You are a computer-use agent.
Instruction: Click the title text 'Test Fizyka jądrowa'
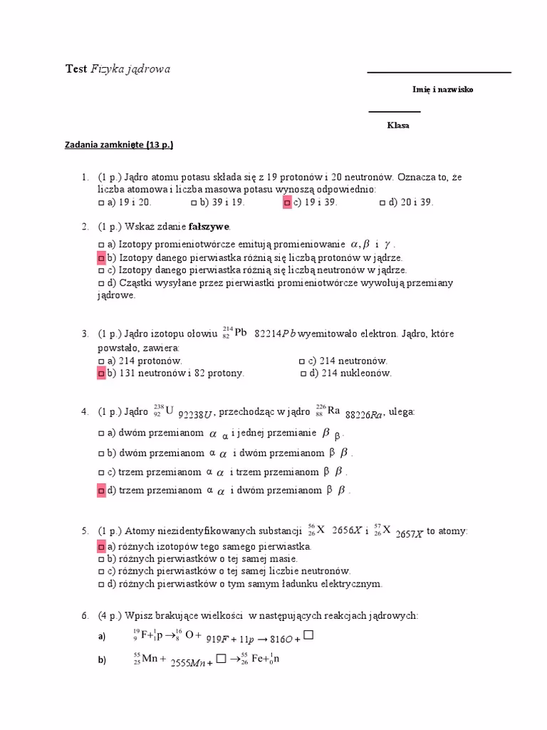118,69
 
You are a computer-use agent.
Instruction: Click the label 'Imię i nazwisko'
442,90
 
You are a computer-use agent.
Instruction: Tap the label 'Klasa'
398,125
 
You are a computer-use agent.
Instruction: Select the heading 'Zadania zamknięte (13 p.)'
119,145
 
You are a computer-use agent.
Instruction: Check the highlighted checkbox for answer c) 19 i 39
287,202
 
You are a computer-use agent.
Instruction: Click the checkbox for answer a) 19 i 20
100,202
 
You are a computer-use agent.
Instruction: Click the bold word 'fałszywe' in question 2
209,227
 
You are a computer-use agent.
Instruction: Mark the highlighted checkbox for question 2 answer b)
101,257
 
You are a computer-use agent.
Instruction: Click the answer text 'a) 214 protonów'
145,361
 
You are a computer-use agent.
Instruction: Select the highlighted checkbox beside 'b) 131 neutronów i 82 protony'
101,373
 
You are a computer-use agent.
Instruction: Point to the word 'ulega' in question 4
400,412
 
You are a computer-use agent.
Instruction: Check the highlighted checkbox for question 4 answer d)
101,490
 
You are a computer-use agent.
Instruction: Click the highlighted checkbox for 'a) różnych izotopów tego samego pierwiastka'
101,546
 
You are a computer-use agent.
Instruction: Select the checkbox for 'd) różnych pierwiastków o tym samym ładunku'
100,584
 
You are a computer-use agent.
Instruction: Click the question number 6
84,615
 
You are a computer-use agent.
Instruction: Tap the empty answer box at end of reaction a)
308,634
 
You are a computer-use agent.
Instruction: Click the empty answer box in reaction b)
221,659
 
